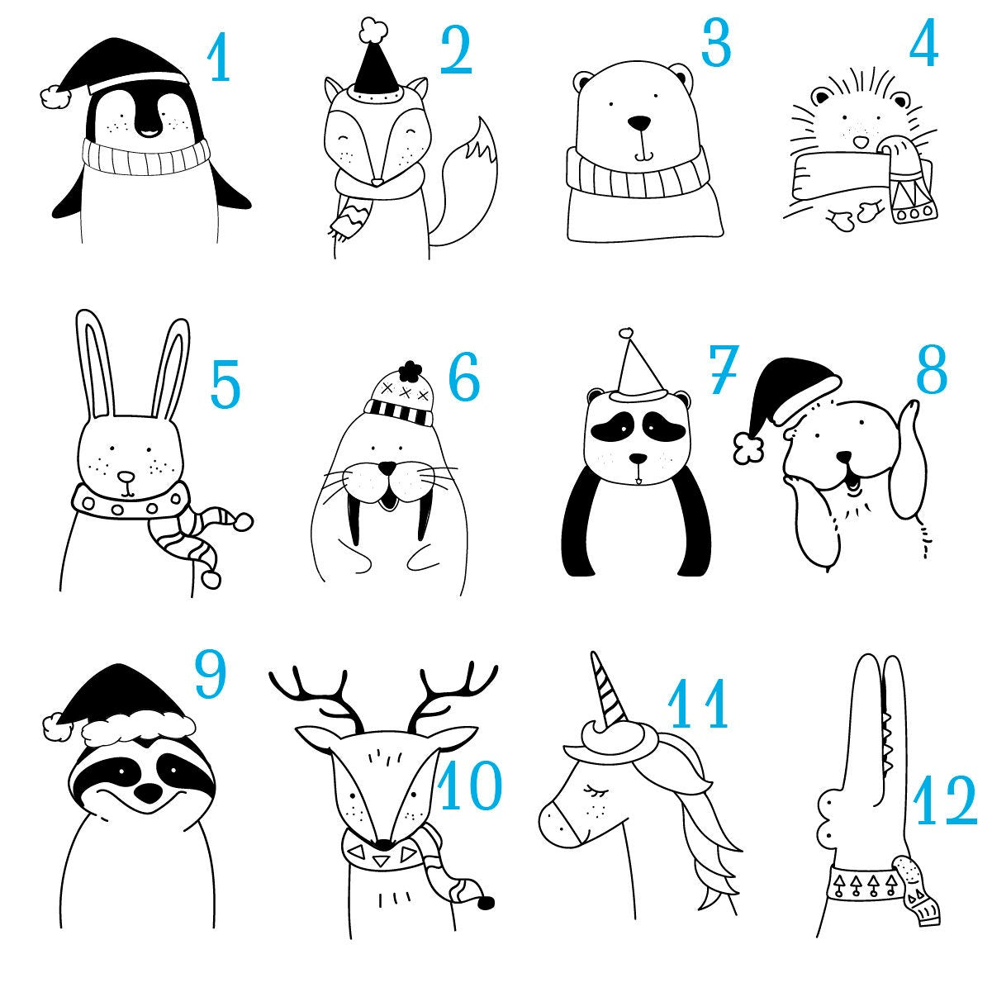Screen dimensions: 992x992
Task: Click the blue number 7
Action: point(724,368)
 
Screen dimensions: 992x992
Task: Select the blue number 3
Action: point(716,43)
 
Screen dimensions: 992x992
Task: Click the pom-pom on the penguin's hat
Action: point(55,97)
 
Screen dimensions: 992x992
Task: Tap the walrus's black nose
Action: point(387,468)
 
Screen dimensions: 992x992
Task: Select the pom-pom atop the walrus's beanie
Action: point(411,369)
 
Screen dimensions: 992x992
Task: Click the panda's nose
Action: point(638,458)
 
